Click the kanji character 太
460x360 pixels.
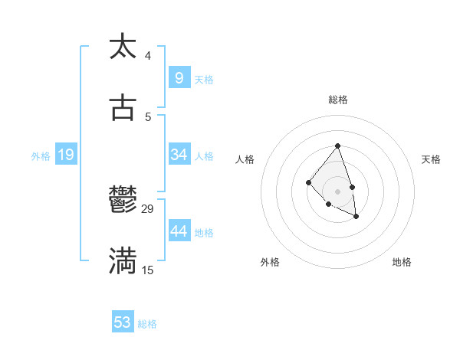point(123,47)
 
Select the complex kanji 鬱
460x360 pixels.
point(123,201)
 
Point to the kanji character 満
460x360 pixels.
point(123,262)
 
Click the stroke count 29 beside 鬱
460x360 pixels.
point(148,209)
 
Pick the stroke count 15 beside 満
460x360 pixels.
point(148,270)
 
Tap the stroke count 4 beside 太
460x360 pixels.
point(148,55)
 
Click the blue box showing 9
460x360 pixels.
point(179,77)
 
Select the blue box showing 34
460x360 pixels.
point(179,155)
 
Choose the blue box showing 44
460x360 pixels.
point(179,231)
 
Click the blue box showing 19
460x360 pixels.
point(66,155)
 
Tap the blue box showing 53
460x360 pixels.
point(123,322)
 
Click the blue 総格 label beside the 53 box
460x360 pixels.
point(147,324)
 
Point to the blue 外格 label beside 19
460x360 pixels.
point(41,156)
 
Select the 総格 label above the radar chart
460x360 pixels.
point(338,100)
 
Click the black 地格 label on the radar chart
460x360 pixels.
point(402,262)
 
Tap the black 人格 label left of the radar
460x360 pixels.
point(245,159)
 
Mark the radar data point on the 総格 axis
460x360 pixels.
point(337,146)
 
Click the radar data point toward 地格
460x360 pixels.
point(356,218)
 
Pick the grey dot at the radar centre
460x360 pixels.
point(337,191)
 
